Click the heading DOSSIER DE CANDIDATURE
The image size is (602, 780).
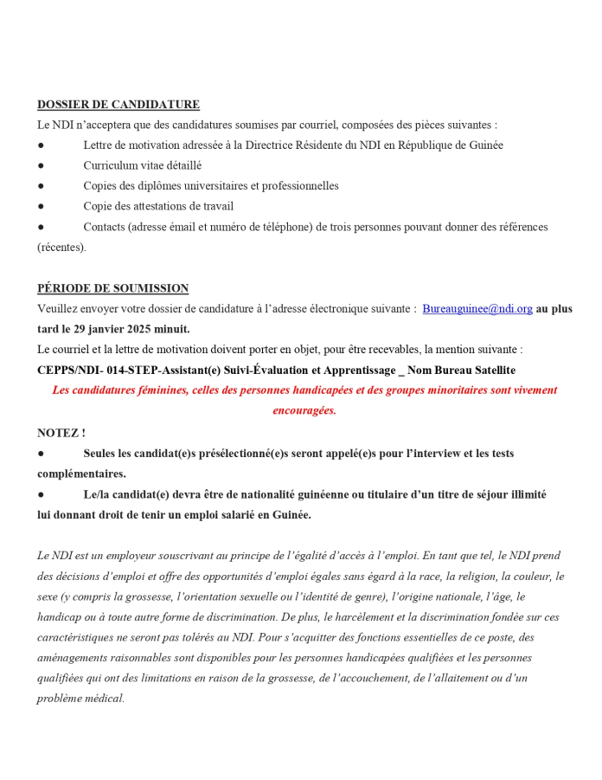pos(118,105)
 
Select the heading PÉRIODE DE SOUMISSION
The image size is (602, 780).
pos(112,288)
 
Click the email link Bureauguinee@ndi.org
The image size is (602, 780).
pos(477,309)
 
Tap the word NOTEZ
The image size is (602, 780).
pos(59,432)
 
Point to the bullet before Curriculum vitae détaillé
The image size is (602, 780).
pos(41,165)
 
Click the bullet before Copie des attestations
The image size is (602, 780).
pos(41,207)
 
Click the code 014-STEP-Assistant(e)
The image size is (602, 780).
pos(144,370)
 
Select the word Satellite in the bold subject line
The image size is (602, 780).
pos(490,370)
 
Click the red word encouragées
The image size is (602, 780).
pos(304,410)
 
